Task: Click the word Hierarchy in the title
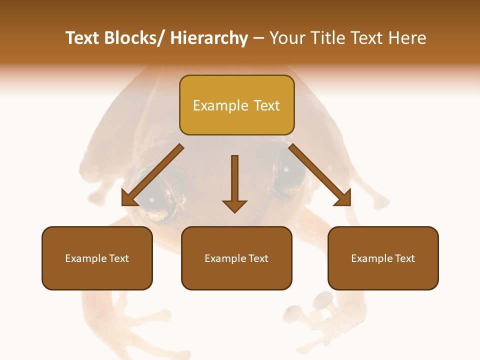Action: click(209, 38)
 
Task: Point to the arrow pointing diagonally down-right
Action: click(319, 175)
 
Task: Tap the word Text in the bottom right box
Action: click(405, 258)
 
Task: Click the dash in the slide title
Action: click(258, 38)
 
